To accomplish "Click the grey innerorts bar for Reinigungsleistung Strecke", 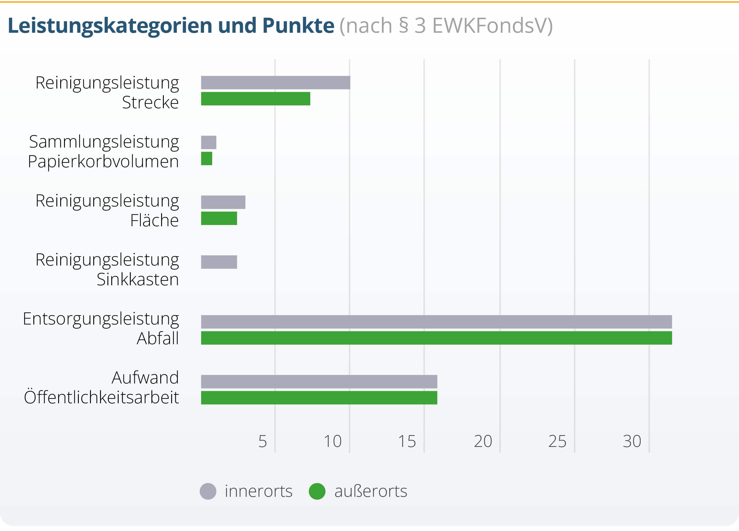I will coord(275,82).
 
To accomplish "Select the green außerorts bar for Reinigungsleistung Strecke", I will coord(256,99).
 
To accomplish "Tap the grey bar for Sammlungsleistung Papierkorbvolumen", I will coord(209,142).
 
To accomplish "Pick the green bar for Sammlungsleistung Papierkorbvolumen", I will coord(207,159).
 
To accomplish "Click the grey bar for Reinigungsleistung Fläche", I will coord(223,202).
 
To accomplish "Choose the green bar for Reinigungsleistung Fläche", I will coord(219,218).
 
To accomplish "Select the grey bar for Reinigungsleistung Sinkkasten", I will coord(219,262).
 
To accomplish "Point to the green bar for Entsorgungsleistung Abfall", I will coord(436,338).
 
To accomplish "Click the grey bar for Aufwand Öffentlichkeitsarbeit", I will coord(319,381).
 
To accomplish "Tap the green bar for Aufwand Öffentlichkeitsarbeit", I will coord(319,398).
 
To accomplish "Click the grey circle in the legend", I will coord(208,491).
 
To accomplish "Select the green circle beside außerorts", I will coord(317,491).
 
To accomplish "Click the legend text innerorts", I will coord(259,491).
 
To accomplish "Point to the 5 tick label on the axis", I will coord(263,441).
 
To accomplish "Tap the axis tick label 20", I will coord(483,441).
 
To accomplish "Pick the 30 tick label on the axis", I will coord(632,441).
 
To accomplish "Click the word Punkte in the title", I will coord(298,25).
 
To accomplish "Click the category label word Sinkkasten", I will coord(138,279).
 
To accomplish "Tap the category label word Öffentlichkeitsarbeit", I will coord(101,397).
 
